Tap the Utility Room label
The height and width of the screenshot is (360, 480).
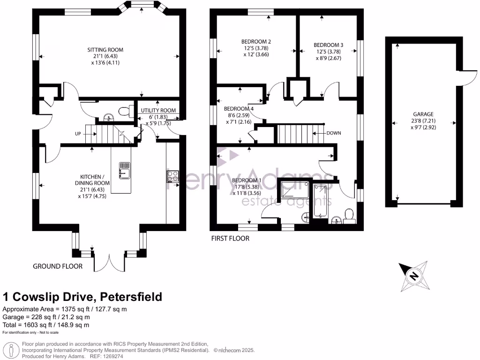tap(158, 111)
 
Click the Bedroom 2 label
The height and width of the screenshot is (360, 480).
tap(256, 42)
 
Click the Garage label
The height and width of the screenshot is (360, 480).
tap(423, 114)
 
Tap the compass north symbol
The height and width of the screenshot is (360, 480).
tap(413, 276)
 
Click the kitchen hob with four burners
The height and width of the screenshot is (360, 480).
tap(172, 176)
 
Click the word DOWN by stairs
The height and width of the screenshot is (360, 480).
tap(333, 133)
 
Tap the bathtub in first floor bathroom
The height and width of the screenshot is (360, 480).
tap(320, 201)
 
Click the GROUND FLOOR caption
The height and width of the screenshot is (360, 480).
tap(58, 266)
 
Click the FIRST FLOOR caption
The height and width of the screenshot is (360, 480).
tap(230, 238)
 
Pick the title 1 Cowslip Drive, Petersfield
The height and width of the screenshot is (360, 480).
tap(82, 297)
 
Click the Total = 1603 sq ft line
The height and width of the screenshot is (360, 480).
tap(46, 325)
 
